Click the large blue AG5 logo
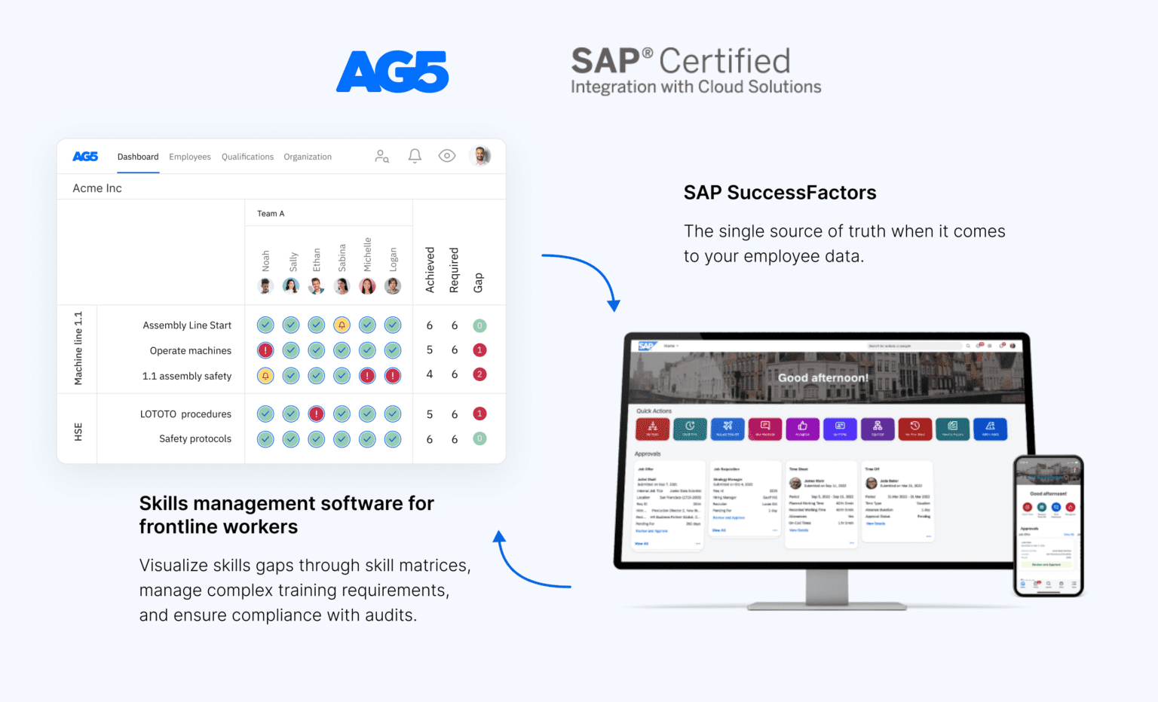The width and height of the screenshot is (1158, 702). pyautogui.click(x=392, y=72)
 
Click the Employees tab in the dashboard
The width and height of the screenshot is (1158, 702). pyautogui.click(x=190, y=157)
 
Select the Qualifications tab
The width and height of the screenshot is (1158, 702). pyautogui.click(x=247, y=157)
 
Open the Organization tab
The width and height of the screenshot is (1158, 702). pyautogui.click(x=308, y=157)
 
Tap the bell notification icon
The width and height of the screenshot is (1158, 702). pyautogui.click(x=415, y=156)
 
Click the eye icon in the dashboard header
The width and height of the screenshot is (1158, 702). pyautogui.click(x=447, y=156)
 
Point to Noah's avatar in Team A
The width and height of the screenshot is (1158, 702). pyautogui.click(x=265, y=286)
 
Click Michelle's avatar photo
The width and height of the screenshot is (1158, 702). pyautogui.click(x=367, y=286)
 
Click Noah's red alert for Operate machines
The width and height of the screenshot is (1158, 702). pyautogui.click(x=265, y=350)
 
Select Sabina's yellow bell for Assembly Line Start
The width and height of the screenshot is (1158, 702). pyautogui.click(x=342, y=325)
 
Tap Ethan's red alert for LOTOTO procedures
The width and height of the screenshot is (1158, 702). pyautogui.click(x=317, y=414)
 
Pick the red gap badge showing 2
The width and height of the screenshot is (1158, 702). pyautogui.click(x=479, y=374)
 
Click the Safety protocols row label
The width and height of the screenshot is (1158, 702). pyautogui.click(x=195, y=438)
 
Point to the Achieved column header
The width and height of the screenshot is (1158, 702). pyautogui.click(x=430, y=270)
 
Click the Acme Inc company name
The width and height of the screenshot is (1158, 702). pyautogui.click(x=97, y=188)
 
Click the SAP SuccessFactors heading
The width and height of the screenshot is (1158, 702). pyautogui.click(x=780, y=193)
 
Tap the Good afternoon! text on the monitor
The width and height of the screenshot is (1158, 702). pyautogui.click(x=823, y=377)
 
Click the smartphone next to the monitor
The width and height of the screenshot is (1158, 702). pyautogui.click(x=1048, y=526)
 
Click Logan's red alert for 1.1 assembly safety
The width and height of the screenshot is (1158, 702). pyautogui.click(x=393, y=376)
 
